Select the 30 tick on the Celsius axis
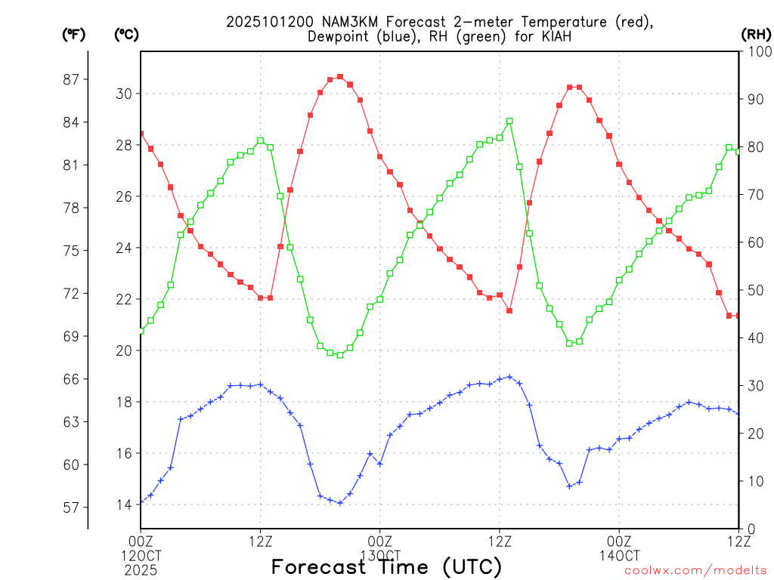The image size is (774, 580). point(123,94)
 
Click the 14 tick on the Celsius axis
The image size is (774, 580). point(123,504)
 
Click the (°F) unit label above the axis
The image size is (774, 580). point(73,34)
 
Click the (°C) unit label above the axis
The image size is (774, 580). point(126,34)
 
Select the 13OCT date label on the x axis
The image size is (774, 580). point(379,554)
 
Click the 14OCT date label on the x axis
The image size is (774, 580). point(619,554)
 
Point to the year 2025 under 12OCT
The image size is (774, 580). point(141,568)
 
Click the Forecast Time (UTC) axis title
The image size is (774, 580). point(386,566)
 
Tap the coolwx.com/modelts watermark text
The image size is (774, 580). point(695,570)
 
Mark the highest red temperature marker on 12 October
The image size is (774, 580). point(340,76)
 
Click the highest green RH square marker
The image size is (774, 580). point(509,121)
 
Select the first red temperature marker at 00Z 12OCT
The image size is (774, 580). point(141,134)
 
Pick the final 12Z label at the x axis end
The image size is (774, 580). point(738,540)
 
